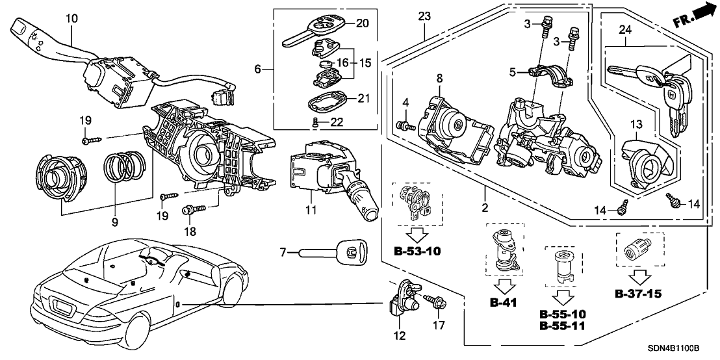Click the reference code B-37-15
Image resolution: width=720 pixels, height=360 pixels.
pyautogui.click(x=637, y=294)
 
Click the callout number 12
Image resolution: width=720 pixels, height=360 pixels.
pyautogui.click(x=399, y=336)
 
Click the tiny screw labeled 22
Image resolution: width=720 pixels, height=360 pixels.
pyautogui.click(x=315, y=122)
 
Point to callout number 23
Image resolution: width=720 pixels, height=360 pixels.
pyautogui.click(x=424, y=16)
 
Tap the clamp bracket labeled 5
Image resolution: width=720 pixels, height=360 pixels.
pyautogui.click(x=552, y=73)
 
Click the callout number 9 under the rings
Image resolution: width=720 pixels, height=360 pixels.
pyautogui.click(x=114, y=222)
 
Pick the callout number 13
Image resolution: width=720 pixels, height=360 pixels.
pyautogui.click(x=636, y=123)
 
